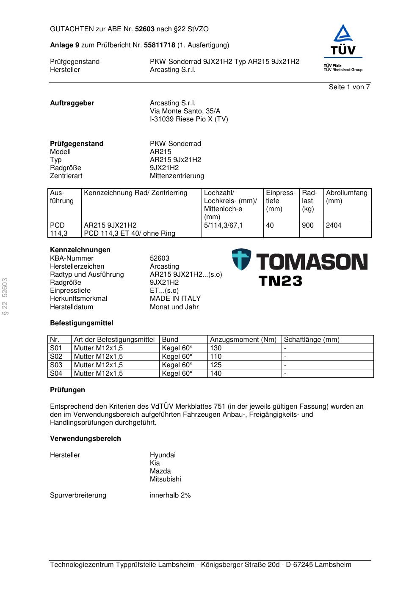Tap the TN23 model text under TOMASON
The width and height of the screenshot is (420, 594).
[x=280, y=281]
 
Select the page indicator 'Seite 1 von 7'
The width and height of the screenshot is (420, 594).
[x=349, y=87]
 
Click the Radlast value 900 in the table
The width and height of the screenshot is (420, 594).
[x=308, y=225]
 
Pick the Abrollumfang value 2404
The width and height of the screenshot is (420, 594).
[x=334, y=225]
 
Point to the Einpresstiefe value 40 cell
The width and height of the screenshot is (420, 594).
[x=270, y=225]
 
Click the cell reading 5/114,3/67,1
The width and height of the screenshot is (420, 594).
[x=223, y=225]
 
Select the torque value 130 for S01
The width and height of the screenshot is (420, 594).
[x=216, y=348]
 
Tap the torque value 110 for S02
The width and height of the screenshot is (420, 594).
[x=216, y=357]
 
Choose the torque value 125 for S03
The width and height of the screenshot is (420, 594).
[x=216, y=365]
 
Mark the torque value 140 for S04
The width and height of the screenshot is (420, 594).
[x=216, y=374]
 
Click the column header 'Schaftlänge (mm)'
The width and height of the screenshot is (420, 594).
[x=312, y=340]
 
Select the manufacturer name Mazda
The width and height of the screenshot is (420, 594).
[x=160, y=471]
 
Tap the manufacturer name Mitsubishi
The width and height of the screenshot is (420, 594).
[x=165, y=479]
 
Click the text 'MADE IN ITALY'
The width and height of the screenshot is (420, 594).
[x=175, y=299]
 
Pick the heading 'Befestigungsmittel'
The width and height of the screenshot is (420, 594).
[x=82, y=323]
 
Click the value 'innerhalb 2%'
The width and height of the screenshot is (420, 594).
[x=170, y=495]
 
